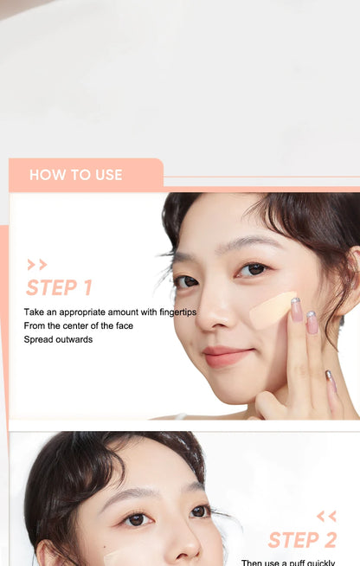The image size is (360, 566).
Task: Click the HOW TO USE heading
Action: click(76, 175)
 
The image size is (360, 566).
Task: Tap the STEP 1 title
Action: click(59, 288)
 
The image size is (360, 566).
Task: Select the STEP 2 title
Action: click(302, 541)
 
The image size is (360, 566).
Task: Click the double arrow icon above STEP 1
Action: click(37, 265)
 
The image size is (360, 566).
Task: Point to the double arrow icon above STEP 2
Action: click(326, 517)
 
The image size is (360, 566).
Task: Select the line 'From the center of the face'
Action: click(79, 325)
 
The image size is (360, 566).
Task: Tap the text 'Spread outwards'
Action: click(58, 339)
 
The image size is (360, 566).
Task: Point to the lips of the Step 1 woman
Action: click(227, 357)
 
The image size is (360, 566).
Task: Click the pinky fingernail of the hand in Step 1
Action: click(329, 376)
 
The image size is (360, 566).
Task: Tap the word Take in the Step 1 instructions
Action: click(34, 312)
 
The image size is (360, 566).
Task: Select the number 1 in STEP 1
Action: click(87, 288)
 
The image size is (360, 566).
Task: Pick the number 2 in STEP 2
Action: click(328, 541)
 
